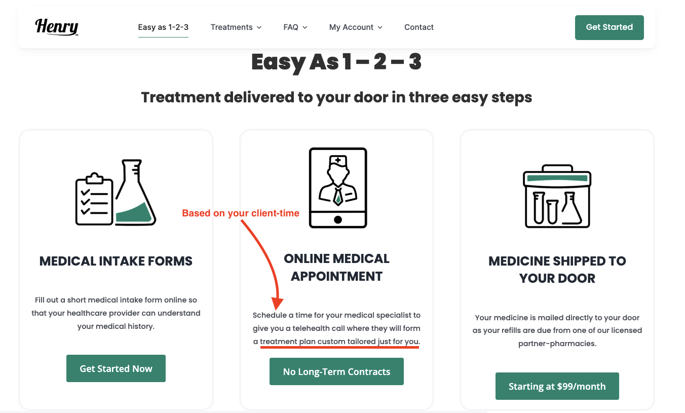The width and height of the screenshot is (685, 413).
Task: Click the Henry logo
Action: click(57, 27)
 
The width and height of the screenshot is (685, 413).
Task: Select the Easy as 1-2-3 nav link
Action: click(163, 27)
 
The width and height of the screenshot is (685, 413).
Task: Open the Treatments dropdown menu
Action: click(236, 27)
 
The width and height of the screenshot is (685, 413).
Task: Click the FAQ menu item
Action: click(295, 27)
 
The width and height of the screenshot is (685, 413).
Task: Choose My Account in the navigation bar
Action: click(356, 27)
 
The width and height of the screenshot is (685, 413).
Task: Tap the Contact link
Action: click(418, 27)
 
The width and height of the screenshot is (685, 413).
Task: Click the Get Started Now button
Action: click(116, 368)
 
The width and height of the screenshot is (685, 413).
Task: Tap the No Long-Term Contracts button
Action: click(336, 371)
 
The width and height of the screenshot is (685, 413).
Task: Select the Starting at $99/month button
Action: click(557, 386)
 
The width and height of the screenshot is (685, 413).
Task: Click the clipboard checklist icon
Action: click(94, 199)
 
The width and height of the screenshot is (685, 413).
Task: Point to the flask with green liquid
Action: click(136, 193)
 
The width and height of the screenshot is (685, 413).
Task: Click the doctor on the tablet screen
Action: click(337, 180)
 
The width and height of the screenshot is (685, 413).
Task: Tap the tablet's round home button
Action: click(337, 219)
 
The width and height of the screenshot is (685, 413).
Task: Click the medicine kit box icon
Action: click(557, 196)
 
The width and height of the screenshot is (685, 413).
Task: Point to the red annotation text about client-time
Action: click(240, 213)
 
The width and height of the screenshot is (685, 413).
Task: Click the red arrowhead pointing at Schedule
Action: click(277, 304)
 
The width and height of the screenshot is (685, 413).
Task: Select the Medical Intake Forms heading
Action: click(116, 261)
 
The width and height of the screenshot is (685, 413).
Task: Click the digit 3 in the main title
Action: click(415, 62)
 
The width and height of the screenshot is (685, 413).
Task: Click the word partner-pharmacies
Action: click(557, 344)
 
